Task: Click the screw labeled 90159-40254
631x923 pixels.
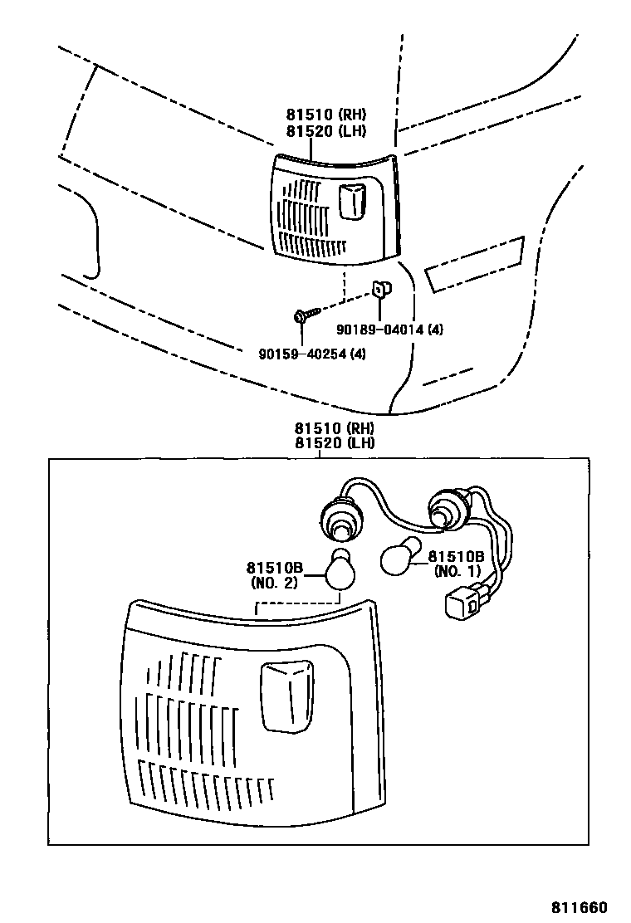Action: pos(305,315)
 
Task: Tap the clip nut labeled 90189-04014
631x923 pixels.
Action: pos(379,288)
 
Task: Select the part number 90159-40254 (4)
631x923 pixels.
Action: pos(311,354)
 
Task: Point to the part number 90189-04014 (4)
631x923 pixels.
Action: pos(389,330)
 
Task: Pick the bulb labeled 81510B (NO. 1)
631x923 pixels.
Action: pos(397,559)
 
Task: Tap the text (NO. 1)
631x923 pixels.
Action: pos(457,572)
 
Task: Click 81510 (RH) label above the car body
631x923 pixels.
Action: pos(326,115)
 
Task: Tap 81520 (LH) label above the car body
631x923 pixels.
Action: pos(326,130)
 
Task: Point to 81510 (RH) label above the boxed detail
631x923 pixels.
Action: pos(335,428)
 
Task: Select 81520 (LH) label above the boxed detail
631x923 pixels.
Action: pos(335,442)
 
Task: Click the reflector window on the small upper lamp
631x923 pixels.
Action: pos(352,203)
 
